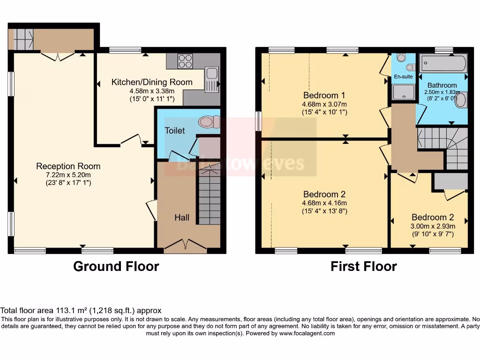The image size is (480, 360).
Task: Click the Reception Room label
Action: [x=68, y=166]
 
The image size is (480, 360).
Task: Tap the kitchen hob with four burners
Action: [x=185, y=61]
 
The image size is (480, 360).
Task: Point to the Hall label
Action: [x=182, y=217]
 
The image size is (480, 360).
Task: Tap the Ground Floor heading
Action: [x=116, y=267]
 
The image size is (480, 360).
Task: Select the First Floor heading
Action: [x=363, y=267]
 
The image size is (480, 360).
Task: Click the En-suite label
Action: [x=403, y=76]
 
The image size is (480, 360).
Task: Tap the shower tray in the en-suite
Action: [x=403, y=92]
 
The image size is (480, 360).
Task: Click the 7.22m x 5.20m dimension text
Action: [x=68, y=174]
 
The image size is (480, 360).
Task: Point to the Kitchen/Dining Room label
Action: [x=152, y=82]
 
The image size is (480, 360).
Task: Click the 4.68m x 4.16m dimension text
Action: [x=324, y=203]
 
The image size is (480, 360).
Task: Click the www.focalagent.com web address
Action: [x=307, y=333]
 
